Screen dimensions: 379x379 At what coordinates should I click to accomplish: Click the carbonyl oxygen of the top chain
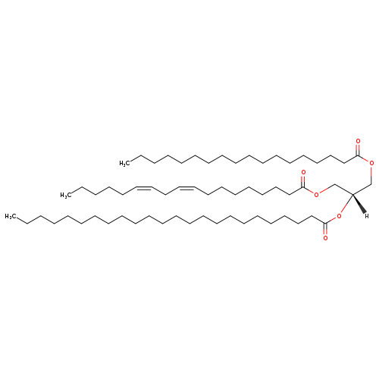point(358,141)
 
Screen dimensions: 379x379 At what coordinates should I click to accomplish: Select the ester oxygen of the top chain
point(371,163)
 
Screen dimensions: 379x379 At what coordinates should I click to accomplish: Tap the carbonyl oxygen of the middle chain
point(303,173)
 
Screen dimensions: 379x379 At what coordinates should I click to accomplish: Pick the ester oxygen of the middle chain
point(316,195)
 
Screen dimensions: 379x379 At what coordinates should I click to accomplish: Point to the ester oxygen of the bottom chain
point(339,216)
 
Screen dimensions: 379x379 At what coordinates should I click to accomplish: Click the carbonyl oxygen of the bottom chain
point(325,238)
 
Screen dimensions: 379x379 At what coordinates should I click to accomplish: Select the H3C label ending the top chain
point(124,164)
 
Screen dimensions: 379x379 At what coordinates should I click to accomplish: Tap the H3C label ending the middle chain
point(65,195)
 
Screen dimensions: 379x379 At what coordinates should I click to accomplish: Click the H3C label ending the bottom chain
point(10,216)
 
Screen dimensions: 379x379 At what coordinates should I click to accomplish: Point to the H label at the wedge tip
point(367,216)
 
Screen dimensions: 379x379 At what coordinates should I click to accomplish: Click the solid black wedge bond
point(359,204)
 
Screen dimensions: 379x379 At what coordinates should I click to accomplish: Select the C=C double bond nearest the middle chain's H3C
point(144,188)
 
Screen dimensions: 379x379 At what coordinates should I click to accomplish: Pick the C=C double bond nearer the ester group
point(186,188)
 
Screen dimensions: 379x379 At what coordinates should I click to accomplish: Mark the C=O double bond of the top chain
point(358,150)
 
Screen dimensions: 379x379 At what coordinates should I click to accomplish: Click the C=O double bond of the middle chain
point(303,182)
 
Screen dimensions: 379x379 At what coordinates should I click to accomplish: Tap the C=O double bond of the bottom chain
point(325,229)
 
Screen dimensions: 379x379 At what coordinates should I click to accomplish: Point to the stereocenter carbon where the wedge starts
point(352,194)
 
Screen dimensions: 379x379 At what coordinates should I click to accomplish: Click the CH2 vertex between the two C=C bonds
point(165,194)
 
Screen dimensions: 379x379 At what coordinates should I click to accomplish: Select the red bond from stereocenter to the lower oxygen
point(346,204)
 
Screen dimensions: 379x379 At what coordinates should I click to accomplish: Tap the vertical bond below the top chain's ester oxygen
point(371,175)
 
